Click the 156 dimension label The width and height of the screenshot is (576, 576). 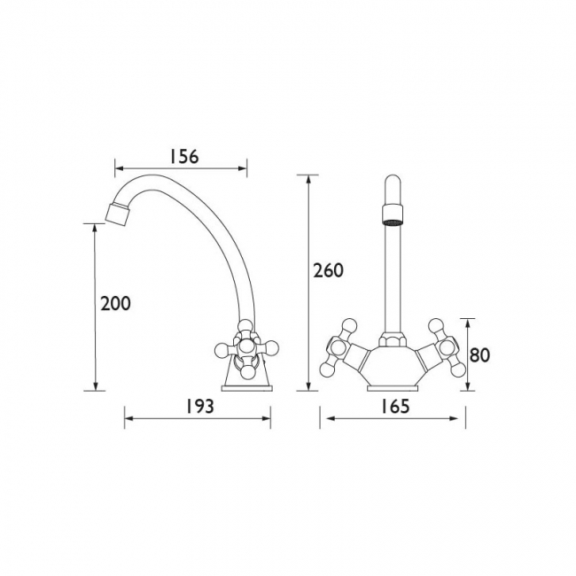(183, 156)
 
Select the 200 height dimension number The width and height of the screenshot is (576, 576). (115, 304)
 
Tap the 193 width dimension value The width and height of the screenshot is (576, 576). (198, 406)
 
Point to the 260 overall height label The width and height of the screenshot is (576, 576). (328, 270)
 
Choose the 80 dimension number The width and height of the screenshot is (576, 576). (479, 354)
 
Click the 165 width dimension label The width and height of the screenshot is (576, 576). (394, 406)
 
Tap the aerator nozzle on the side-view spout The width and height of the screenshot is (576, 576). (117, 213)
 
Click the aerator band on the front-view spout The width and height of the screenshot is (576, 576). (393, 214)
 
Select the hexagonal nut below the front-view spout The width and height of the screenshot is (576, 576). (393, 339)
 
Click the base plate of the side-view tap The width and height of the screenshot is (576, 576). (247, 388)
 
